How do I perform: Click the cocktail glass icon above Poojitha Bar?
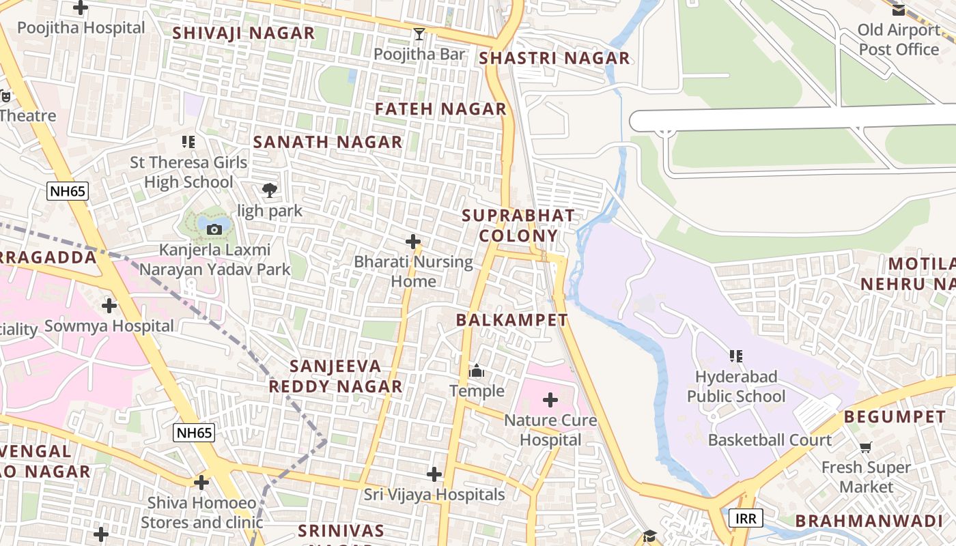click(x=419, y=33)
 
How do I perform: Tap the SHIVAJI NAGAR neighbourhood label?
click(x=243, y=33)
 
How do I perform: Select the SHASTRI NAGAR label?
click(x=554, y=58)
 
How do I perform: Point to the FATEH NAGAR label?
click(x=440, y=109)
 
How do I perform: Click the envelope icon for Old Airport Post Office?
click(x=898, y=10)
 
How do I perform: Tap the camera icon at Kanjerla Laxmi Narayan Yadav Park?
click(x=214, y=229)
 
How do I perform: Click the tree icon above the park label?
click(x=270, y=190)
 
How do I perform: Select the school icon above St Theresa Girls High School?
click(x=188, y=142)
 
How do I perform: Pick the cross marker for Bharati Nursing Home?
click(x=413, y=242)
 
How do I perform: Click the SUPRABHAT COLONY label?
click(x=518, y=226)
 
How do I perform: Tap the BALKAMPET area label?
click(x=511, y=319)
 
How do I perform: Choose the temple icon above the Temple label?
click(x=477, y=371)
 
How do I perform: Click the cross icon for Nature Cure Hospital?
click(x=550, y=400)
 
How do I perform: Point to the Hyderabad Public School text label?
click(x=736, y=386)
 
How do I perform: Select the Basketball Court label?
click(x=770, y=440)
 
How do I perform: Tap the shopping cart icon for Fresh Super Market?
click(x=866, y=448)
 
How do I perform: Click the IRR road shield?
click(x=746, y=518)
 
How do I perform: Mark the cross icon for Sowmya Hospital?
click(x=109, y=305)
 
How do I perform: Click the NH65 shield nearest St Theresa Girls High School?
click(x=68, y=191)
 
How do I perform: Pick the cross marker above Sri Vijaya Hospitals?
click(x=434, y=474)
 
